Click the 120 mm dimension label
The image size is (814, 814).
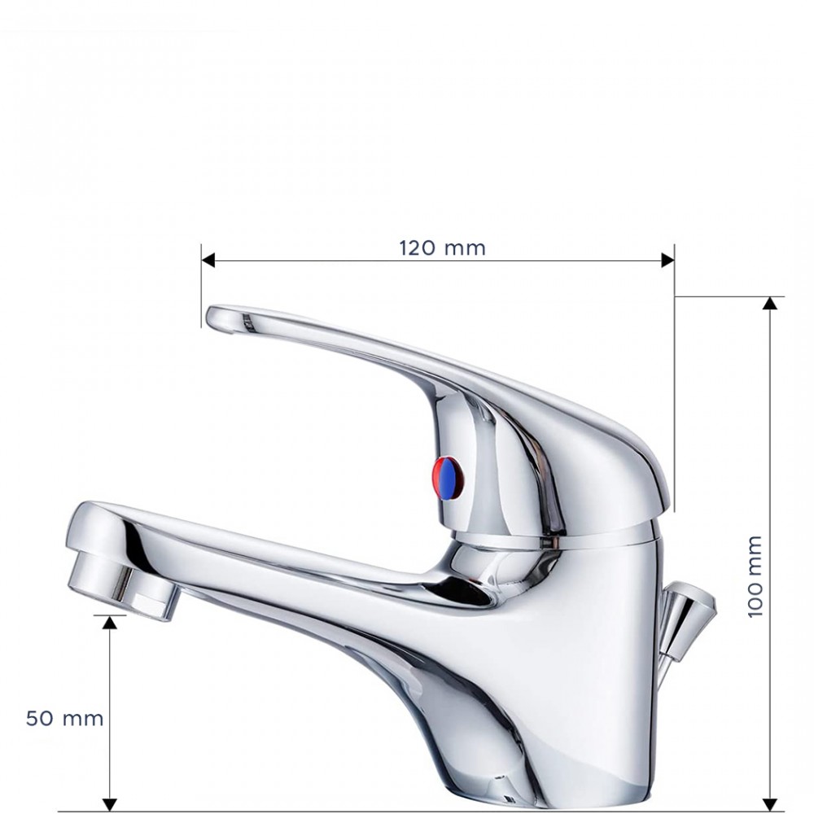tap(442, 248)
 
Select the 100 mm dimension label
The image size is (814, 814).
tap(755, 575)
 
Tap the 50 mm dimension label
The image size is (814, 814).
tap(64, 719)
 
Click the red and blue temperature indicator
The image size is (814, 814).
tap(448, 478)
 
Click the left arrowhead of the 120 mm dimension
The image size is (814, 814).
tap(208, 260)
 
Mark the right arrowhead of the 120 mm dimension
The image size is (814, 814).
tap(667, 260)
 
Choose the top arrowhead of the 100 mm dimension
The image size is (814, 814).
tap(770, 304)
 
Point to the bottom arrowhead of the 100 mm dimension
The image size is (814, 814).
tap(770, 804)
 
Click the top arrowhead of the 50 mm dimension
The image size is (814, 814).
tap(110, 622)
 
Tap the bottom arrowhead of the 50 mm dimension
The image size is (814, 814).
tap(110, 804)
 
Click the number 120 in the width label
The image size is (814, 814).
tap(416, 248)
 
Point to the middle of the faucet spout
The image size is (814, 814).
tap(309, 562)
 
